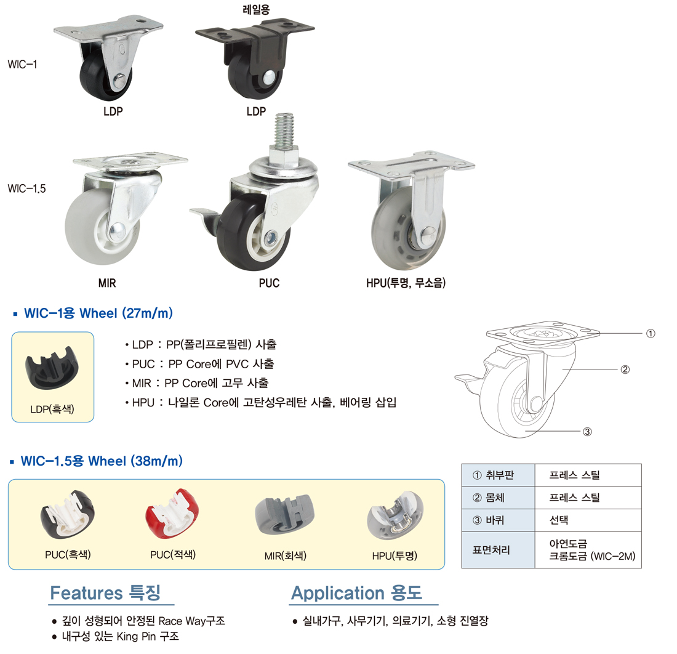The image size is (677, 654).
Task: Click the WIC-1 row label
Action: point(22,65)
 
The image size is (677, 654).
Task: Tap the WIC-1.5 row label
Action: point(26,188)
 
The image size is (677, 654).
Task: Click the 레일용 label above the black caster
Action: point(256,9)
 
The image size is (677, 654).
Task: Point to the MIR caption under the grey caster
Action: point(107,283)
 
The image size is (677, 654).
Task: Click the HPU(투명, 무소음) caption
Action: point(406,283)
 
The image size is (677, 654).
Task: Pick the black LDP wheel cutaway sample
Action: point(52,367)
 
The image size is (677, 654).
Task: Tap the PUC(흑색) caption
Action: point(68,554)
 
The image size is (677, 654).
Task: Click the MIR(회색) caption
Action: point(286,555)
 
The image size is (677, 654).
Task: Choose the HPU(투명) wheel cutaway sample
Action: point(395,515)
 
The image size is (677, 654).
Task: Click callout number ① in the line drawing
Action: point(651,334)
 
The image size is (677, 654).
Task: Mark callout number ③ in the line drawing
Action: point(587,432)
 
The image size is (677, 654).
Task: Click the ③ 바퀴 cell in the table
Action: point(499,520)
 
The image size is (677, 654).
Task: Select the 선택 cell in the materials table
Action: point(588,520)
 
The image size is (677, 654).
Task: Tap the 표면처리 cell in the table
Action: point(499,550)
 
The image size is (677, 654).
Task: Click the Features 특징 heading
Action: point(105,592)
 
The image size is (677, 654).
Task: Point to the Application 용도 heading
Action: point(356,592)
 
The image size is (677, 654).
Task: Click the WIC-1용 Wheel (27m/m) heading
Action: point(98,313)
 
